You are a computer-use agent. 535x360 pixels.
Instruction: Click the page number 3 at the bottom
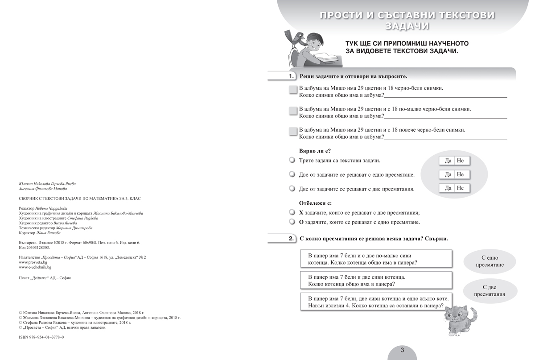(x=402, y=350)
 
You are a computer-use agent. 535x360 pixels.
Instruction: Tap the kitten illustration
(x=460, y=320)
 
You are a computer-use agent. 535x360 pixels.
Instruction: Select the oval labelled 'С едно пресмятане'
(x=490, y=261)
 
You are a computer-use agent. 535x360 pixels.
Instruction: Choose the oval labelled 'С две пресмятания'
(x=490, y=291)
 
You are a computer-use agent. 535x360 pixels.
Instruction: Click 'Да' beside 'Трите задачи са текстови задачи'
(x=448, y=161)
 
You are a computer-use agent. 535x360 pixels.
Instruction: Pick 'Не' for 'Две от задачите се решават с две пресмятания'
(x=461, y=188)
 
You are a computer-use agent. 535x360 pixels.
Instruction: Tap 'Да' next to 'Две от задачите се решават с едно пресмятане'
(x=448, y=174)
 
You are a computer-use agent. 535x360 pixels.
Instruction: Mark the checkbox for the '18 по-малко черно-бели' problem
(x=292, y=111)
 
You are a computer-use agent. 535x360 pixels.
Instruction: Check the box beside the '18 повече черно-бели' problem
(x=292, y=132)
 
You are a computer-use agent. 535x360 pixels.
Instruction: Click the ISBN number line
(x=41, y=337)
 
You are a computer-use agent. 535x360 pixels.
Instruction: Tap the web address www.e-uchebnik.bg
(x=35, y=267)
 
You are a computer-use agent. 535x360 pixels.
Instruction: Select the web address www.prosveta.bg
(x=33, y=262)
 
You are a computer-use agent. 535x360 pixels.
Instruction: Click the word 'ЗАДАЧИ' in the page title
(x=407, y=26)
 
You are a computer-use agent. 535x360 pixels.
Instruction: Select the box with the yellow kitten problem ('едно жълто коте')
(x=376, y=302)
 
